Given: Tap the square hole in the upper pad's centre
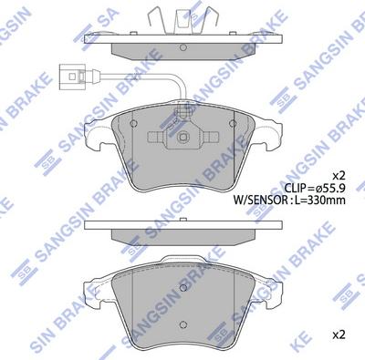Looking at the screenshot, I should pos(184,139).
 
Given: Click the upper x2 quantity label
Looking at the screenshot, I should pos(338,175).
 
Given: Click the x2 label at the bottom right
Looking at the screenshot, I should pos(338,334).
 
